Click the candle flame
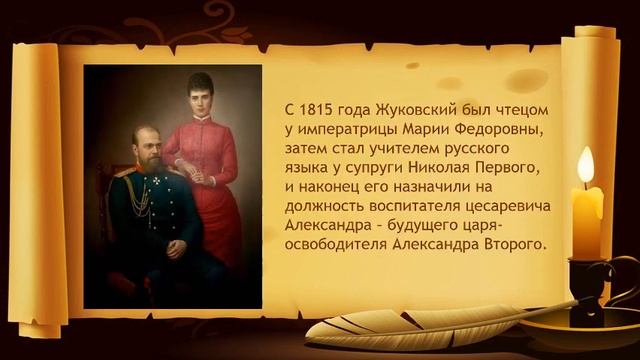(x=586, y=164)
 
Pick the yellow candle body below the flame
(x=588, y=215)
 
